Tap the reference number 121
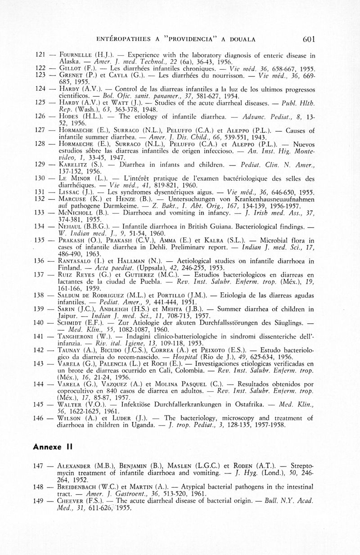coord(41,54)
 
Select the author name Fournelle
coord(76,54)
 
